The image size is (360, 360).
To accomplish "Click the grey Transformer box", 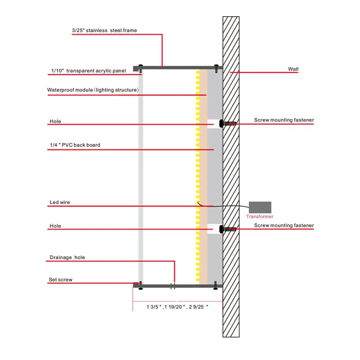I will (x=260, y=207).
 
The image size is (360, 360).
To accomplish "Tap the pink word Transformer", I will (x=260, y=216).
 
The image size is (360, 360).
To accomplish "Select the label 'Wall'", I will (x=293, y=69).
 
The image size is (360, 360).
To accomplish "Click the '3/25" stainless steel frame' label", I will (x=104, y=31).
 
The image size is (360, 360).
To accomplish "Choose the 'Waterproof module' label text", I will (x=93, y=90).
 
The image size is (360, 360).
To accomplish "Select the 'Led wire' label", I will (x=59, y=202).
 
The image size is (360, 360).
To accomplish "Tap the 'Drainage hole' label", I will (x=67, y=257).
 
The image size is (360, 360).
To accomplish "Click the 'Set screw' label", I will (x=60, y=280).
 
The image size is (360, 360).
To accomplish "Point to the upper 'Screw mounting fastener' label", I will (x=284, y=120).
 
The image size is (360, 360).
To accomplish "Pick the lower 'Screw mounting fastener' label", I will (x=284, y=225).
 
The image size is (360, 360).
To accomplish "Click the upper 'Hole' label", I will (x=55, y=121).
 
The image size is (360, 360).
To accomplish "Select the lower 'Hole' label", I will (x=55, y=226).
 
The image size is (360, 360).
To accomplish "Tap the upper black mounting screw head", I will (x=221, y=123).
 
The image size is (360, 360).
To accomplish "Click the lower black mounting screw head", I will (x=221, y=229).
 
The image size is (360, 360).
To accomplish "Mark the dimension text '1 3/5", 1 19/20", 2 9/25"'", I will (x=177, y=307).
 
